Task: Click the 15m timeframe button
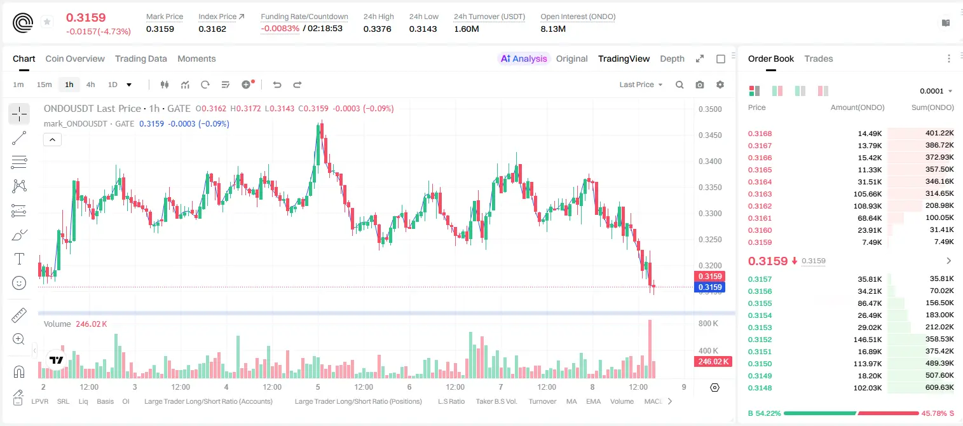click(x=44, y=85)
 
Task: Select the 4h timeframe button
click(x=90, y=85)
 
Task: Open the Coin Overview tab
click(x=75, y=58)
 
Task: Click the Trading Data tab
click(x=140, y=58)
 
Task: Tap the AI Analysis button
click(x=524, y=58)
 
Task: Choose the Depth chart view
click(x=672, y=58)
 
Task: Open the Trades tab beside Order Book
click(x=818, y=58)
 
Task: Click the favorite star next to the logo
click(x=47, y=22)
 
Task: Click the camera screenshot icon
click(x=699, y=85)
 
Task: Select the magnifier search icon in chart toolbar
click(x=680, y=85)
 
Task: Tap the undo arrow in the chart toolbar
click(x=277, y=85)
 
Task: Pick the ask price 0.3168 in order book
click(x=760, y=134)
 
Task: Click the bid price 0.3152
click(x=760, y=340)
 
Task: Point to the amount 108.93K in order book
click(x=867, y=206)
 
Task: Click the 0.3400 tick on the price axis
click(x=710, y=161)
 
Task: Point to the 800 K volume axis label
click(x=708, y=323)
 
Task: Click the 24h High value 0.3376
click(x=377, y=29)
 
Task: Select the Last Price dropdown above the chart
click(x=641, y=85)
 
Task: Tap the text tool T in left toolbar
click(x=19, y=259)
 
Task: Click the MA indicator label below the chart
click(x=571, y=401)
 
